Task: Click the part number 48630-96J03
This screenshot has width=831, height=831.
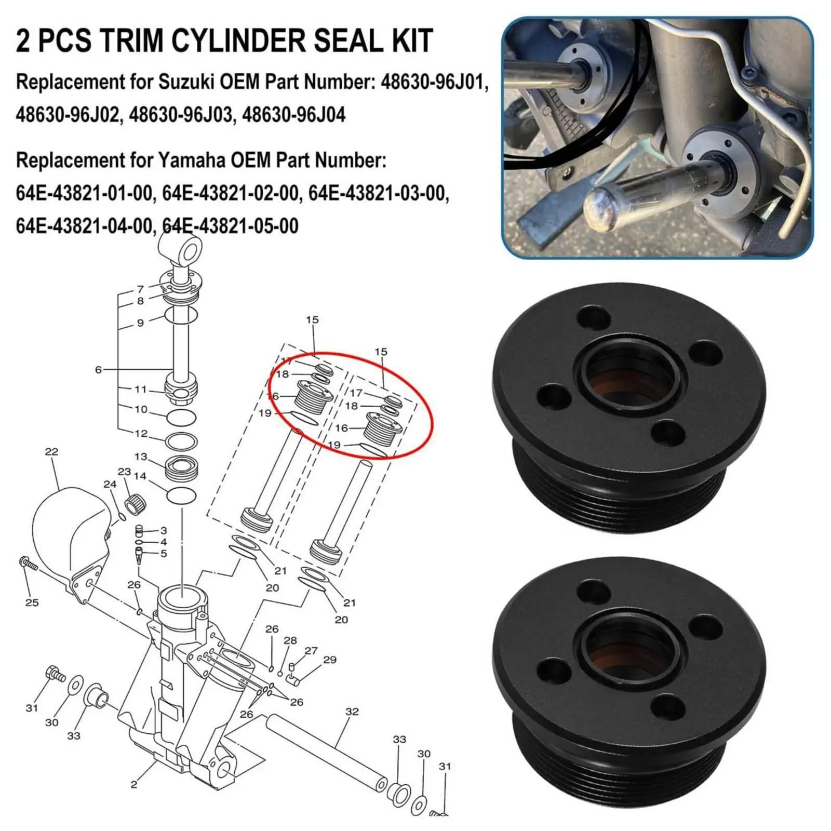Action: pyautogui.click(x=181, y=114)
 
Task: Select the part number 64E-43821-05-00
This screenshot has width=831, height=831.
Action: pyautogui.click(x=231, y=226)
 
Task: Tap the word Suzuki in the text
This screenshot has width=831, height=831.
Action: pyautogui.click(x=187, y=82)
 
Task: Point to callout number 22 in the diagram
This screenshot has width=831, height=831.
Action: pyautogui.click(x=51, y=451)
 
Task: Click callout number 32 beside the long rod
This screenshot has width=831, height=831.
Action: pyautogui.click(x=352, y=711)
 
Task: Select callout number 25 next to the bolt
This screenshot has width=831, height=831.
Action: pyautogui.click(x=32, y=602)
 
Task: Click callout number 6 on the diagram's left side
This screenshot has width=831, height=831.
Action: pyautogui.click(x=98, y=370)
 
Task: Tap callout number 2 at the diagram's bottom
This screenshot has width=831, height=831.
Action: pyautogui.click(x=134, y=784)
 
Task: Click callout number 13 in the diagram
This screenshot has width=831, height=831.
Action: pyautogui.click(x=141, y=457)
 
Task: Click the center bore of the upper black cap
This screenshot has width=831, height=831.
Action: pyautogui.click(x=629, y=384)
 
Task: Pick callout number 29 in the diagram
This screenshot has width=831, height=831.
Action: pyautogui.click(x=330, y=660)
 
